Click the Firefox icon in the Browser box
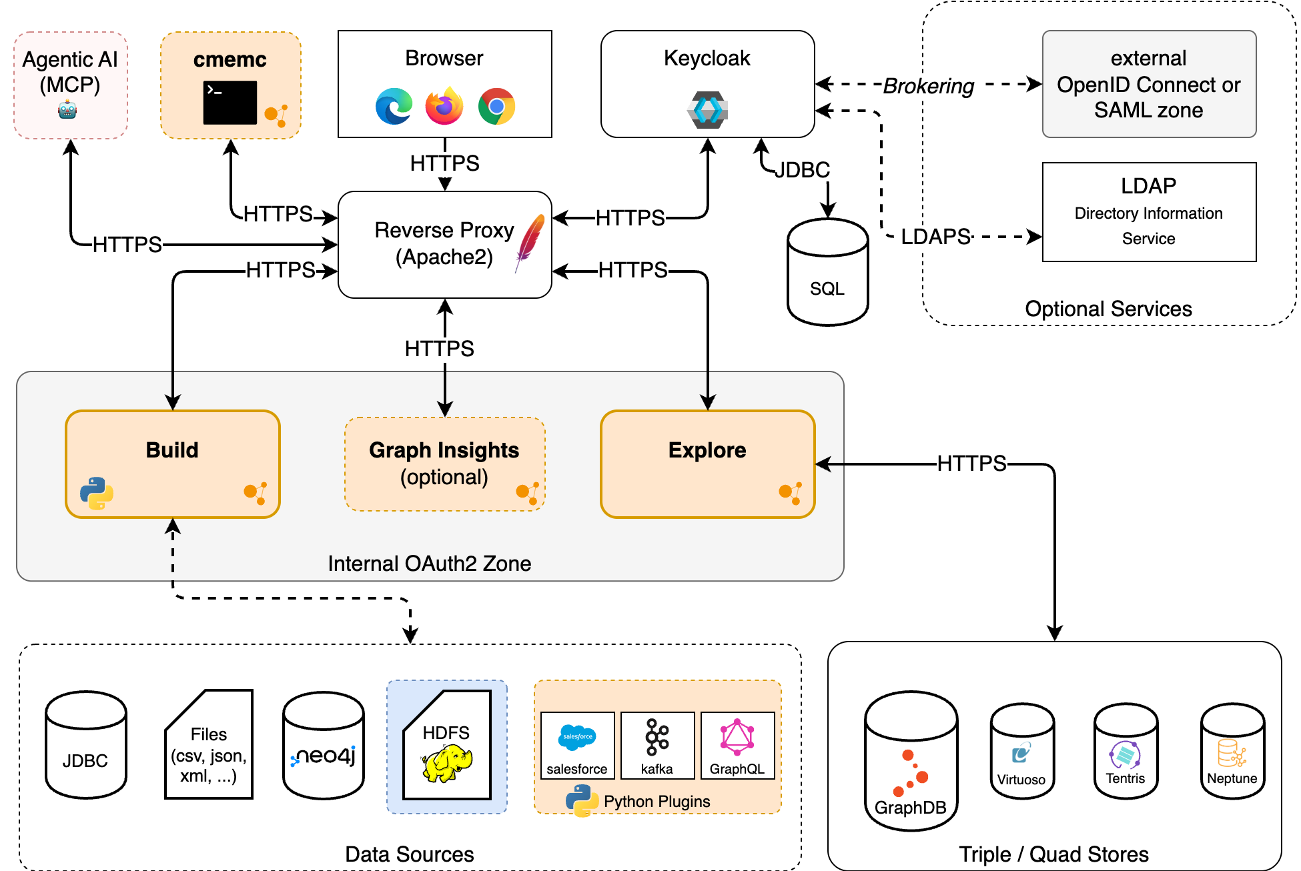(x=444, y=106)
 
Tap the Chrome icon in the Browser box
(x=496, y=106)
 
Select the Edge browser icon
(x=394, y=106)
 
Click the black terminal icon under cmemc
(x=230, y=103)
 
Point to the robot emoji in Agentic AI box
(x=67, y=109)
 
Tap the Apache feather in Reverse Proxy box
(x=529, y=241)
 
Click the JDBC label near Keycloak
(x=802, y=170)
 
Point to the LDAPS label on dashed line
(x=935, y=237)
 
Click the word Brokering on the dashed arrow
(x=928, y=86)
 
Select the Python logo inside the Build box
(x=97, y=493)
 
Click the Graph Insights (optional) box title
(x=444, y=450)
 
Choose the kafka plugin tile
(x=657, y=745)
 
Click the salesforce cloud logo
(x=577, y=737)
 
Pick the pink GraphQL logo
(x=737, y=737)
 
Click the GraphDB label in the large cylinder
(x=910, y=808)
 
